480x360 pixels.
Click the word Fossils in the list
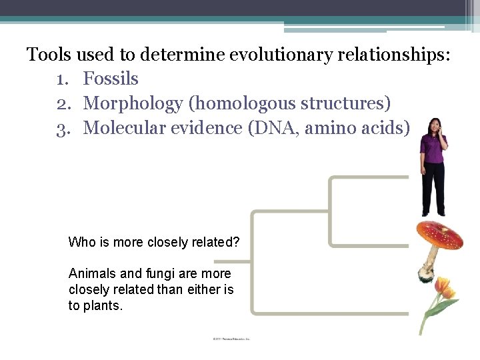[111, 79]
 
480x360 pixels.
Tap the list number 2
[63, 104]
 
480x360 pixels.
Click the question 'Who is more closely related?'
[153, 242]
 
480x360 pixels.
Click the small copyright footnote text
[231, 339]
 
